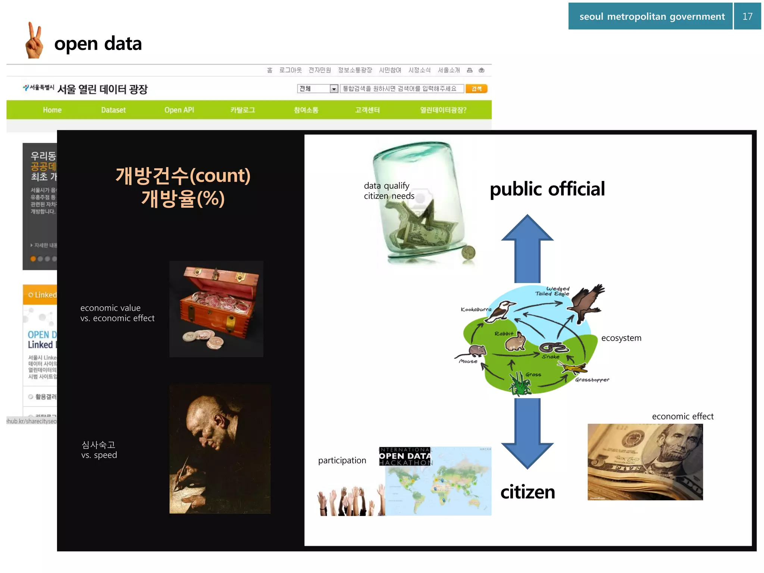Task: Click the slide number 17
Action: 747,16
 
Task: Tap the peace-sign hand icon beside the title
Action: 34,41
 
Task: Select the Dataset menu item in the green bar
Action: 113,110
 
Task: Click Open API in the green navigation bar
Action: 179,110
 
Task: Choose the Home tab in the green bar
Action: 52,110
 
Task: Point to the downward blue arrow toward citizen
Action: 527,433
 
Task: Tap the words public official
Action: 547,189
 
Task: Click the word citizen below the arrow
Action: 527,492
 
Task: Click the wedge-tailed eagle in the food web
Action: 586,302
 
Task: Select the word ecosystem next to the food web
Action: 621,338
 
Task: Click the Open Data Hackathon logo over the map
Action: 405,456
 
